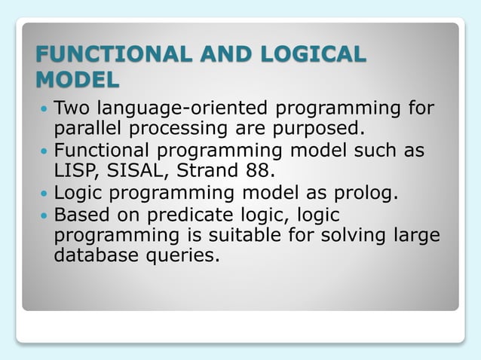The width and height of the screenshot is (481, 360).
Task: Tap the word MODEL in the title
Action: pos(78,79)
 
